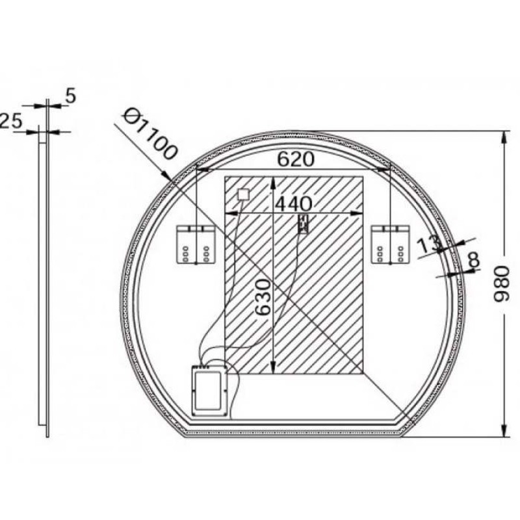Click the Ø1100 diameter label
pos(150,135)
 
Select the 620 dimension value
pos(295,159)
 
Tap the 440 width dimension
pos(294,203)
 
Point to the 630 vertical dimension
pos(263,297)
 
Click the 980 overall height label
pos(501,284)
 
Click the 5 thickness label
pos(71,96)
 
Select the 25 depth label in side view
pos(10,121)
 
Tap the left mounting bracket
pos(195,244)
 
